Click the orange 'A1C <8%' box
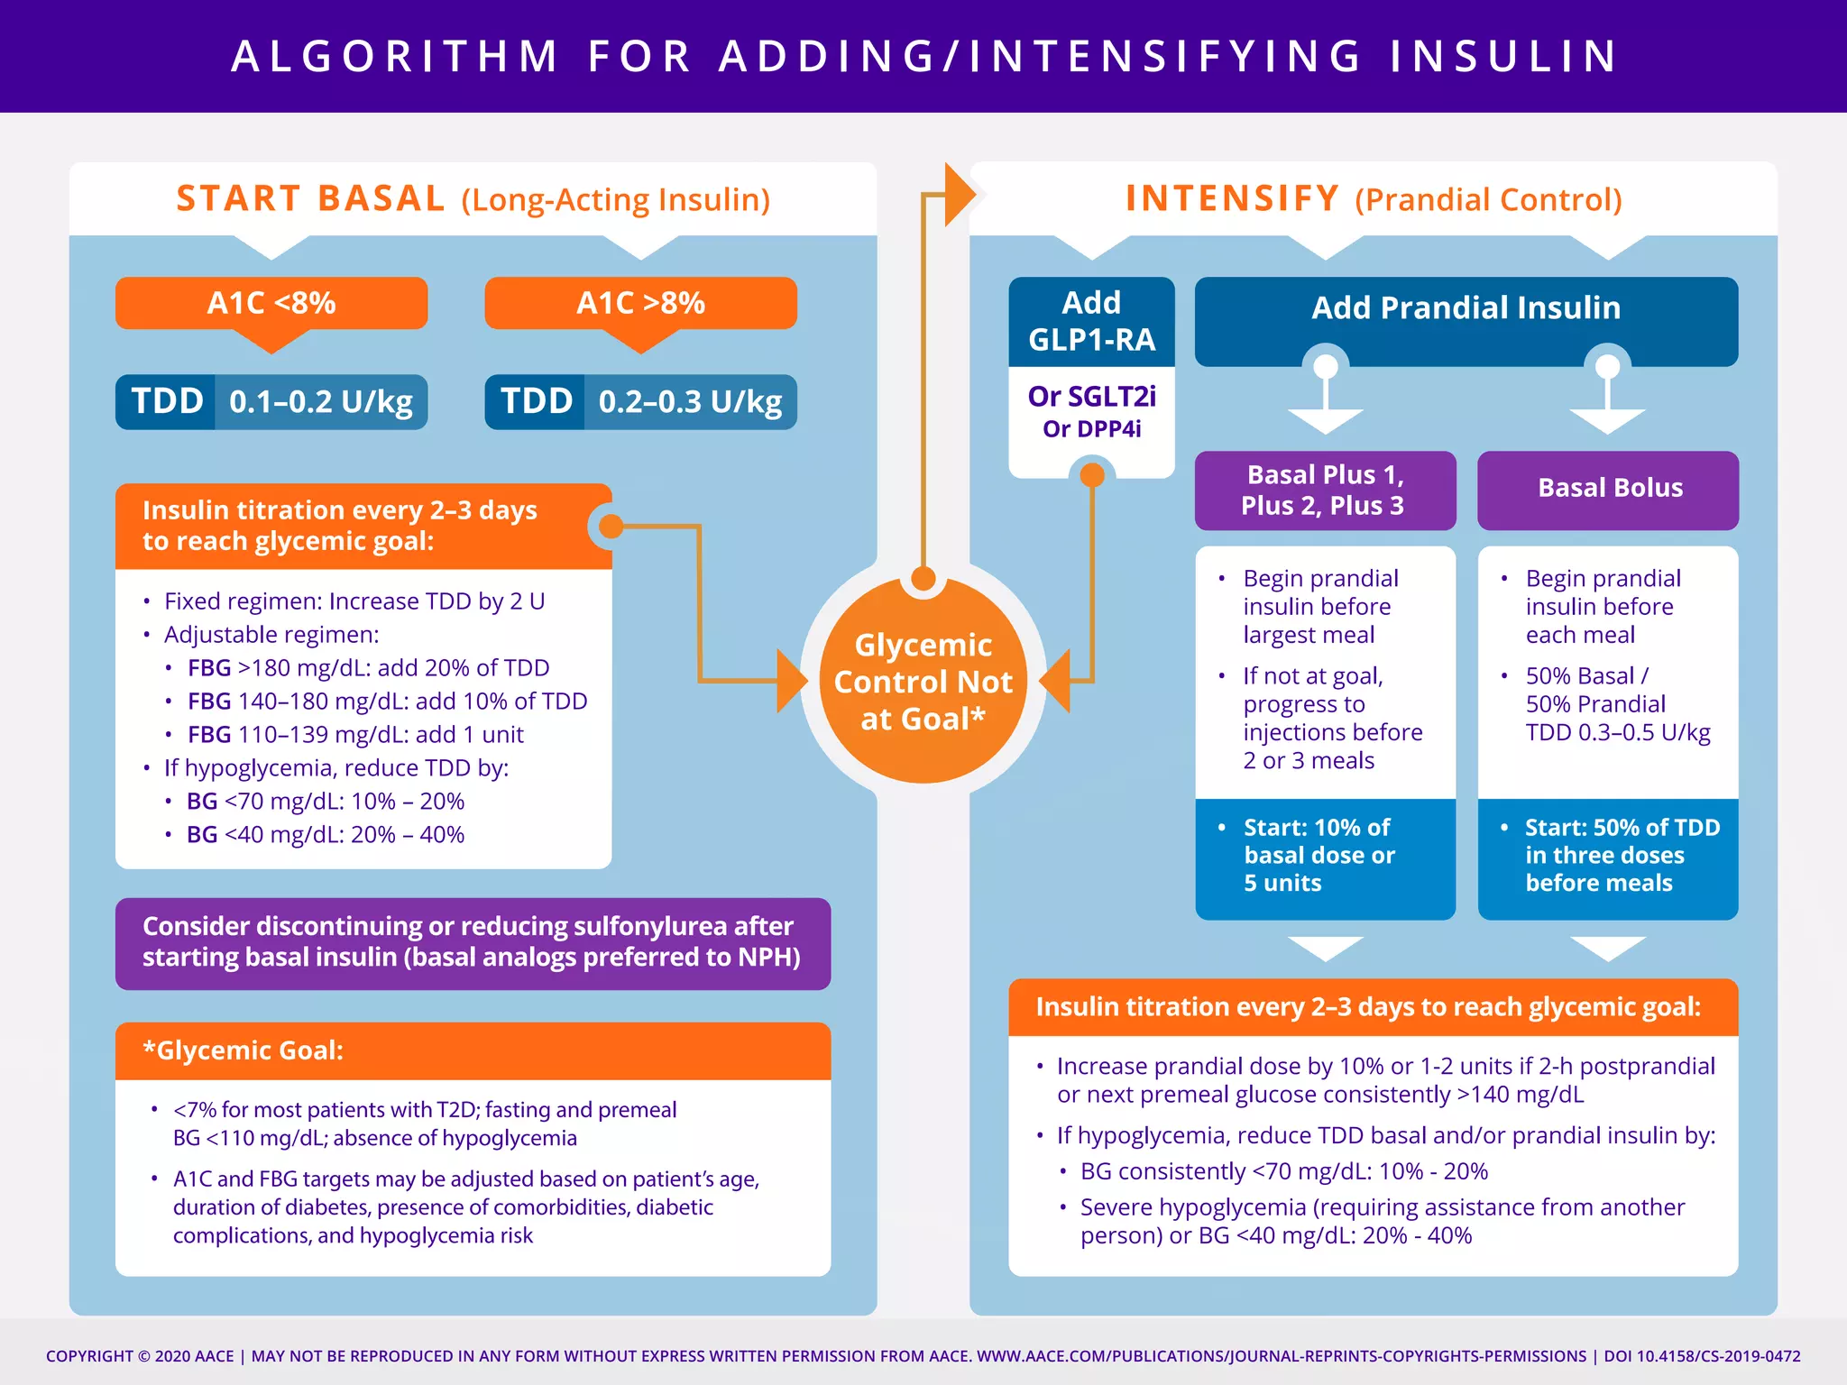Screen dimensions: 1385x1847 pyautogui.click(x=271, y=303)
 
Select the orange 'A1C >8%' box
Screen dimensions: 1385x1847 pyautogui.click(x=640, y=303)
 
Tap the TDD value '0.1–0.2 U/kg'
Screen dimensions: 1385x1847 pyautogui.click(x=320, y=402)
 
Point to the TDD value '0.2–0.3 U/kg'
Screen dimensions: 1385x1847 pyautogui.click(x=690, y=402)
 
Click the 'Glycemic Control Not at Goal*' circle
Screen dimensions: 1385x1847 pyautogui.click(x=923, y=682)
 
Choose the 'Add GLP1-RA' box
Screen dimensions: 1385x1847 pyautogui.click(x=1091, y=321)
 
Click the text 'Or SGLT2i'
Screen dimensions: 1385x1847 pyautogui.click(x=1091, y=397)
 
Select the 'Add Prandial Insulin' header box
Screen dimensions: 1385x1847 pyautogui.click(x=1466, y=308)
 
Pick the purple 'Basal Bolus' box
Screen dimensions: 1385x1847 pyautogui.click(x=1609, y=489)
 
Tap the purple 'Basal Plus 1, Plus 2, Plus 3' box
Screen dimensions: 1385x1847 pyautogui.click(x=1323, y=491)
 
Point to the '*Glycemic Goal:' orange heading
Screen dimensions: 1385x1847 pyautogui.click(x=244, y=1050)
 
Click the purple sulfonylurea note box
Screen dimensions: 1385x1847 pyautogui.click(x=472, y=942)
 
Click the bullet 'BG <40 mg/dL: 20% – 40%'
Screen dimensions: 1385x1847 pyautogui.click(x=325, y=835)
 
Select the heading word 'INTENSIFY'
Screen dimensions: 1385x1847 pyautogui.click(x=1232, y=199)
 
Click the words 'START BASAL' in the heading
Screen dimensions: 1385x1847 pyautogui.click(x=310, y=199)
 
